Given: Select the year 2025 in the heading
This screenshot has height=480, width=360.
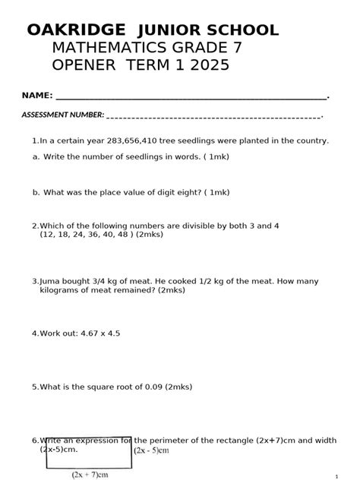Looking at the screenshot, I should pos(210,66).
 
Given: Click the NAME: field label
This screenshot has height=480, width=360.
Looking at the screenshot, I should pos(36,96).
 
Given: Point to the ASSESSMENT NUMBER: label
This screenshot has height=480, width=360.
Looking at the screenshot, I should pos(62,115).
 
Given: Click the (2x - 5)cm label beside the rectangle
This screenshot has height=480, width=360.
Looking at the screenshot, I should pos(151,450).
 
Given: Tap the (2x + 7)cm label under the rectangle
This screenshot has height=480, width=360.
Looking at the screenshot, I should pos(90,475).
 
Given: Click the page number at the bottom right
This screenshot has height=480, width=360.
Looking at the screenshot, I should pos(335,477).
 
